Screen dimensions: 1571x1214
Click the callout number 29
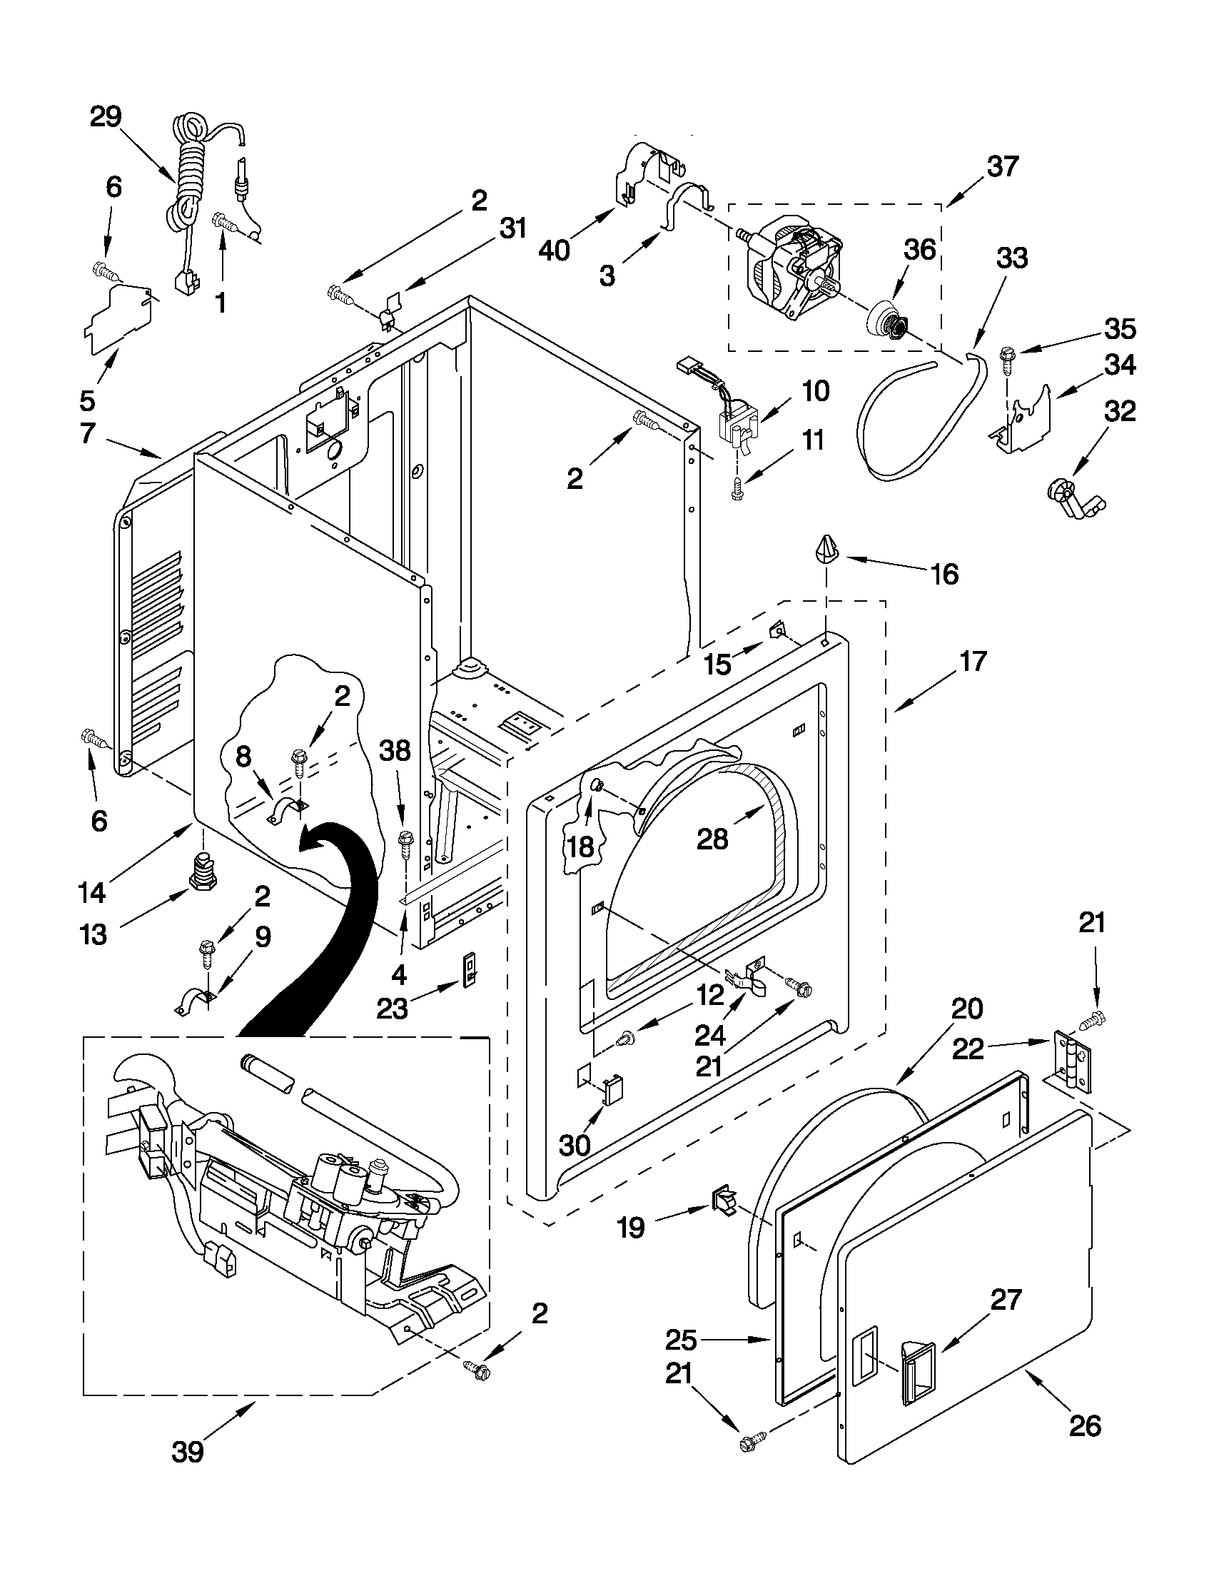(106, 116)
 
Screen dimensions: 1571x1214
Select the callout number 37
(1003, 166)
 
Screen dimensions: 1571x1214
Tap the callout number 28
(712, 838)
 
